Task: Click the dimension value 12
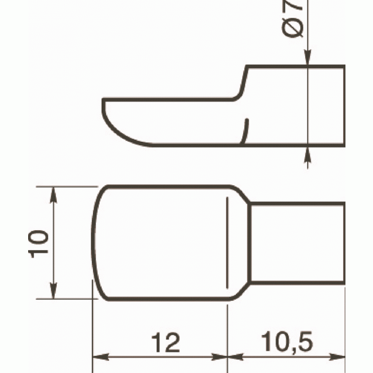coord(166,343)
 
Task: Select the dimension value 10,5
coord(287,343)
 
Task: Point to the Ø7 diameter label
coord(294,20)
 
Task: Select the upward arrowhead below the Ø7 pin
coord(308,153)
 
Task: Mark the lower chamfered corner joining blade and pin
coord(241,291)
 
